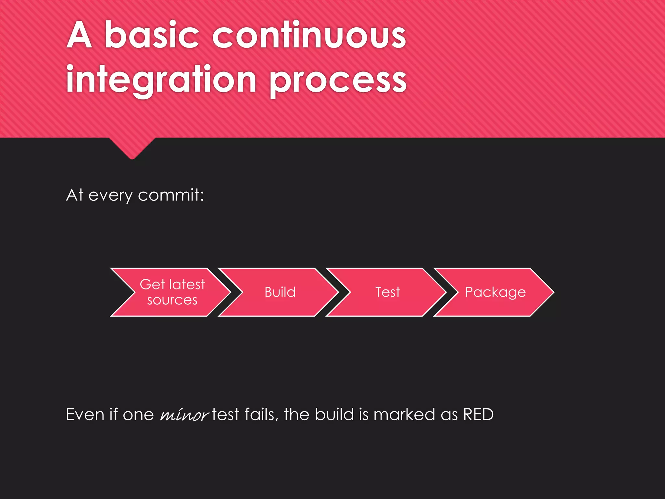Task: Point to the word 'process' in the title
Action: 338,81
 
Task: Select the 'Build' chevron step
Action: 280,292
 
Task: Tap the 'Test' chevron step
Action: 387,292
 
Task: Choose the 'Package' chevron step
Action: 495,292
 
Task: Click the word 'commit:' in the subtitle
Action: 171,195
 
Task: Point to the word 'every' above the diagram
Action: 110,196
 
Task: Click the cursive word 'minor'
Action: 184,415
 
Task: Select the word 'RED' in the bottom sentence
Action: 478,415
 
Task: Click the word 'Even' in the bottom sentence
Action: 85,415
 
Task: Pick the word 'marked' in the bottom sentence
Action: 404,415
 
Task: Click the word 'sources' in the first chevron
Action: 172,300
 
